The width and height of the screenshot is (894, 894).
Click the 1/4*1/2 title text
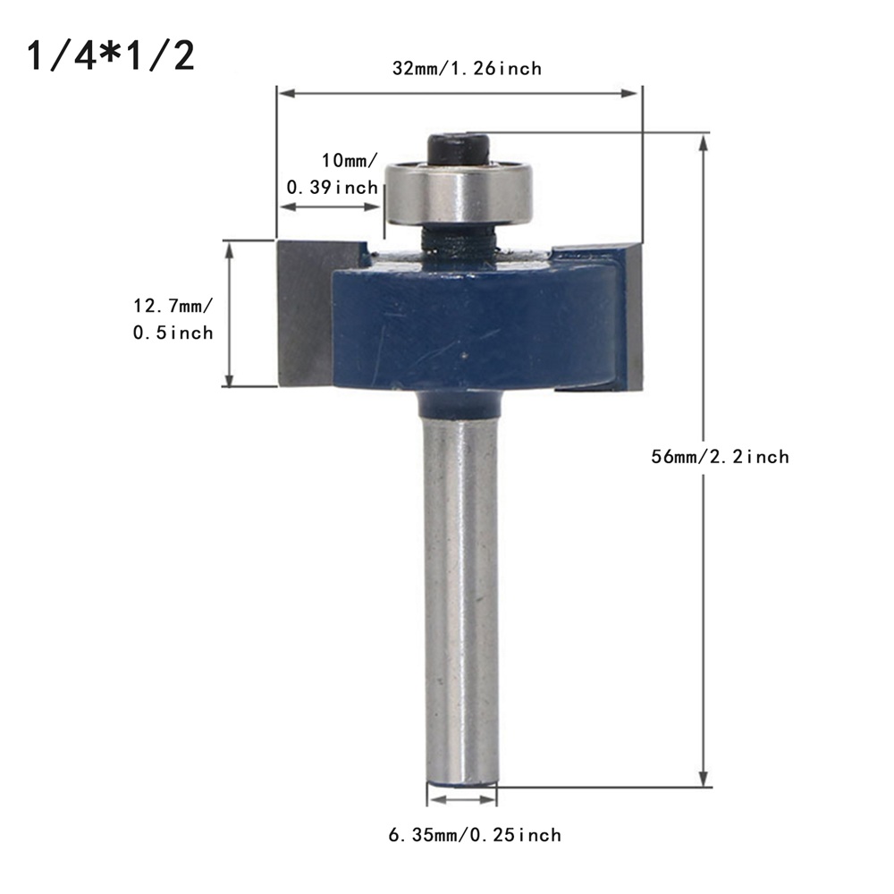(111, 56)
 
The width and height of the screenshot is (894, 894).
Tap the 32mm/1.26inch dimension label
(467, 69)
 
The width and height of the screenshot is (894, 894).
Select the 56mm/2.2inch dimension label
(720, 457)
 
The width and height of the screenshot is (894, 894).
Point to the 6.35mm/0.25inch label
(475, 835)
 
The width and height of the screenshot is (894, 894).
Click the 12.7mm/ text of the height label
(173, 306)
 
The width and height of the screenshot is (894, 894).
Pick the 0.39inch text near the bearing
(332, 187)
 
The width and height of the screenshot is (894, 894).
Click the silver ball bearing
(459, 191)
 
